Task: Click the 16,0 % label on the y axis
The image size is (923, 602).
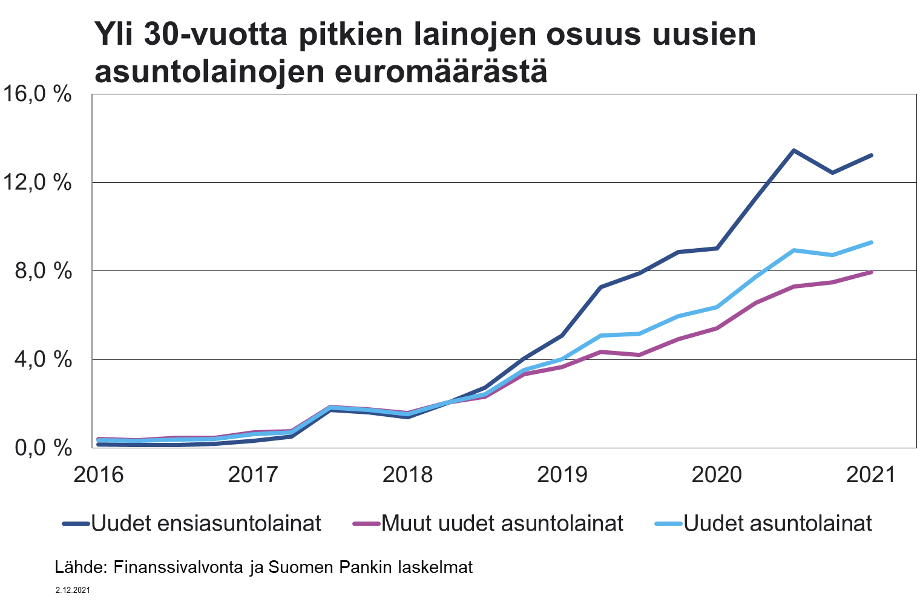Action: point(38,94)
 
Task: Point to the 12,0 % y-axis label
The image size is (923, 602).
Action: point(38,183)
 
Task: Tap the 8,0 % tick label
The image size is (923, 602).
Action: point(44,271)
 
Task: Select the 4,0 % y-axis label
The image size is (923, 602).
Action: point(44,359)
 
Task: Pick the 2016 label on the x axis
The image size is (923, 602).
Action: point(99,475)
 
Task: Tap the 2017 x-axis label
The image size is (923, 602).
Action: point(253,475)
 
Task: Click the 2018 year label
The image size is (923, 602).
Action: point(407,475)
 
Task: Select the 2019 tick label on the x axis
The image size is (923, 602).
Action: point(562,475)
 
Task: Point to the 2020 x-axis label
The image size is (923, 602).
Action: point(717,475)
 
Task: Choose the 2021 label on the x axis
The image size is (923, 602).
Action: point(870,475)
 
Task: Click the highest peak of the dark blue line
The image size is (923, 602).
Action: point(793,151)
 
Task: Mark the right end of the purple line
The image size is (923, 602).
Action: point(871,272)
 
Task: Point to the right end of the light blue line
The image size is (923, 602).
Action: point(871,243)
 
